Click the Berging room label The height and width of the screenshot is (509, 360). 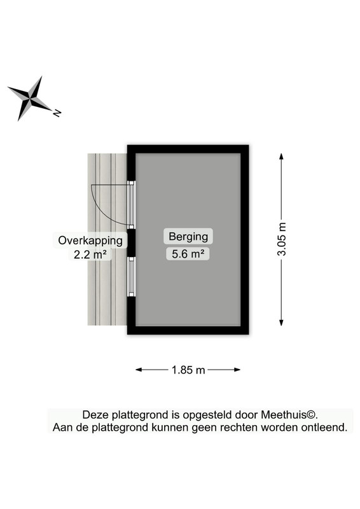pos(188,236)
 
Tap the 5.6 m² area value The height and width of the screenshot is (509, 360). pos(188,253)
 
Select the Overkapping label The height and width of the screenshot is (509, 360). pos(90,241)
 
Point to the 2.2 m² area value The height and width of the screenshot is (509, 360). pos(90,254)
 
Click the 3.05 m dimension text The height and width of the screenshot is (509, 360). pos(281,239)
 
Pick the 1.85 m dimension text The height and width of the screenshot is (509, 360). pos(188,370)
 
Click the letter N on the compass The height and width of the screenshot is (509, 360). pos(57,113)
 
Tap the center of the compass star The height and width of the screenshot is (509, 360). pos(30,99)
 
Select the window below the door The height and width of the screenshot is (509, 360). pos(131,277)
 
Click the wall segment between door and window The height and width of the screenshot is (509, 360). pos(131,243)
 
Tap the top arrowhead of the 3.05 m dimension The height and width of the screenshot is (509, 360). pos(281,156)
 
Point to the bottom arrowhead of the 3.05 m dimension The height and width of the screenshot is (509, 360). pos(281,323)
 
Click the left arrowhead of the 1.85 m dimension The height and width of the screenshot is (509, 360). pos(139,370)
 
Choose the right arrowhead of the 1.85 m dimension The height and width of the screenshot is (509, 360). pos(237,370)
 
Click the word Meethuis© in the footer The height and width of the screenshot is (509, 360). pos(288,415)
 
